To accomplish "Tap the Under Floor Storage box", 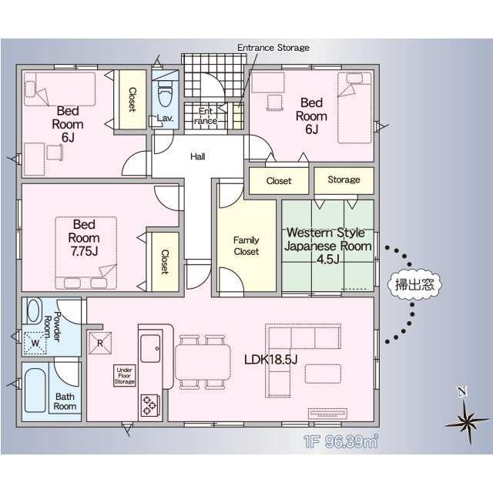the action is pos(125,375).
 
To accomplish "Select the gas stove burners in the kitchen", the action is pos(149,405).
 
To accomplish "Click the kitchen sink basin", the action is pos(150,348).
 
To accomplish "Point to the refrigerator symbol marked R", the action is pos(100,343).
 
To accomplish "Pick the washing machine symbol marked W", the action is pos(35,343).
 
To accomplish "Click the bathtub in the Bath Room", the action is pos(35,391).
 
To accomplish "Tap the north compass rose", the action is pos(468,418).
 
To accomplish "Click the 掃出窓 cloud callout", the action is pos(414,285).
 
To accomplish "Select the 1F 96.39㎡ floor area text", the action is pos(340,441).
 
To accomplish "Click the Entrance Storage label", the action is pos(273,48).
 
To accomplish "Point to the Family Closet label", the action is pos(246,246).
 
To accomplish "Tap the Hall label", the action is pos(198,156).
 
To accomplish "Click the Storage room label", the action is pos(344,179).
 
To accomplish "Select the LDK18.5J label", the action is pos(270,360).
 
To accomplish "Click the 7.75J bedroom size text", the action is pos(84,251).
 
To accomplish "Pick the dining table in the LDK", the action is pos(203,362).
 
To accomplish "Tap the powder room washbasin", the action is pos(35,310).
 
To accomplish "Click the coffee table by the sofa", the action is pos(323,374).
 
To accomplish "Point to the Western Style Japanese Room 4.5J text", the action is pos(327,246).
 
